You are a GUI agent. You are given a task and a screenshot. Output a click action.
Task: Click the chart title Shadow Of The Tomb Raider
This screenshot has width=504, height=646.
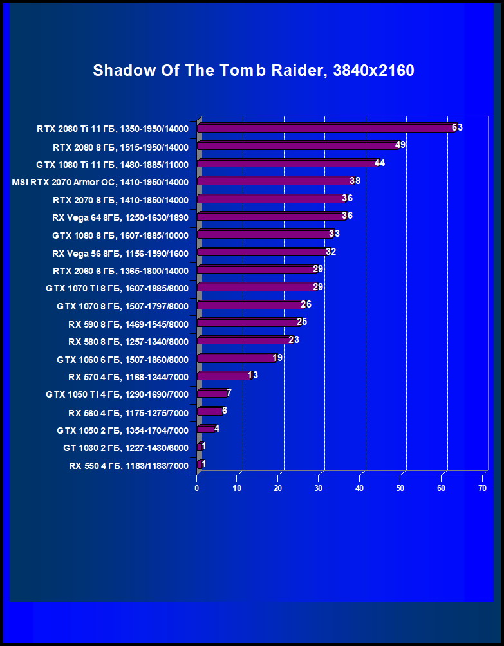click(253, 71)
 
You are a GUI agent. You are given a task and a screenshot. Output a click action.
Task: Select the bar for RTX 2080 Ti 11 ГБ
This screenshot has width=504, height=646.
click(325, 128)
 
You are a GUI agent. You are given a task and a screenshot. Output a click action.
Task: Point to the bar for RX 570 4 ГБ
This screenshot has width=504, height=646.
click(224, 376)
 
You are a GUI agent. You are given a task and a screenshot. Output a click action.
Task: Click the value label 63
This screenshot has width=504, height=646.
click(457, 127)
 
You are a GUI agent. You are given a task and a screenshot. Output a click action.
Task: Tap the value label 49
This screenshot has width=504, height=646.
click(400, 145)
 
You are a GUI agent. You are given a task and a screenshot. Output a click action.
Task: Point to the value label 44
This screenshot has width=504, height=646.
click(379, 163)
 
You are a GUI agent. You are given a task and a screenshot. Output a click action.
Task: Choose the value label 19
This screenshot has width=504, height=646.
click(277, 358)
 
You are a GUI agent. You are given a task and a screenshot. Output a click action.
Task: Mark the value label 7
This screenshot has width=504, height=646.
click(229, 392)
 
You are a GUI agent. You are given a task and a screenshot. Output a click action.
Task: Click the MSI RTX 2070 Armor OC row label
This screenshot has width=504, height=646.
click(100, 182)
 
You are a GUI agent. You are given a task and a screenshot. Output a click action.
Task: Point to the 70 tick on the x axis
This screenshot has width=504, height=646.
click(482, 489)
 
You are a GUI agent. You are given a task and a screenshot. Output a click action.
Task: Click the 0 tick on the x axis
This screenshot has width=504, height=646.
click(197, 489)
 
